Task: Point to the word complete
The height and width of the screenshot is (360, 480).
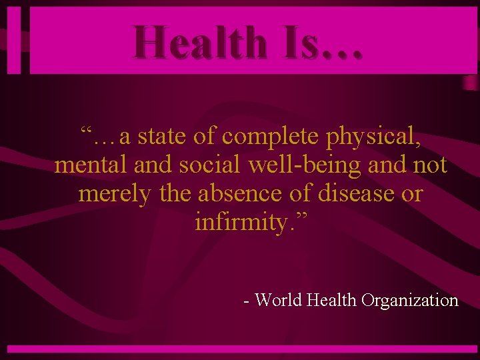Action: coord(271,136)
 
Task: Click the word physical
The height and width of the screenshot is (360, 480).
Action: coord(373,137)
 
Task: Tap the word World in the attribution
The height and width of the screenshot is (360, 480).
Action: coord(279,301)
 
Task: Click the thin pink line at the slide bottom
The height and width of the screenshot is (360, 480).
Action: coord(240,349)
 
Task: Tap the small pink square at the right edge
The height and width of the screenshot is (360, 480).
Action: coord(470,81)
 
